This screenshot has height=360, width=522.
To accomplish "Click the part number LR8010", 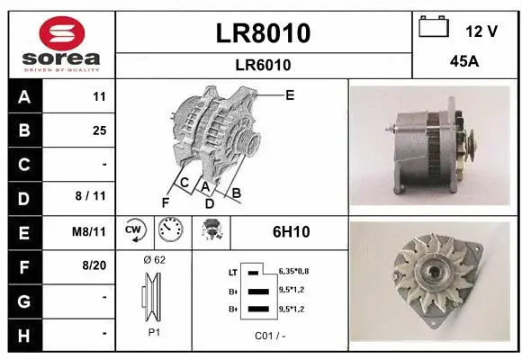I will pyautogui.click(x=264, y=33).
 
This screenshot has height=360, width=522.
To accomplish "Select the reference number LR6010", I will pyautogui.click(x=264, y=65).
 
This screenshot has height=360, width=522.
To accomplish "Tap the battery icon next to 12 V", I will pyautogui.click(x=435, y=29).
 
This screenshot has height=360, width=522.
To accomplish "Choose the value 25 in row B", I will pyautogui.click(x=99, y=130).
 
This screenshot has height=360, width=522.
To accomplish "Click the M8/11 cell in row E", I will pyautogui.click(x=90, y=231).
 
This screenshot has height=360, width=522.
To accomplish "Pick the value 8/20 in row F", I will pyautogui.click(x=94, y=265).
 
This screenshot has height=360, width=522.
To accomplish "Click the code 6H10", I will pyautogui.click(x=291, y=232).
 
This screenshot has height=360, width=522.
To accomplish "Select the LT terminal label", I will pyautogui.click(x=232, y=271).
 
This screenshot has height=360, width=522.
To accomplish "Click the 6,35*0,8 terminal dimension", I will pyautogui.click(x=293, y=270).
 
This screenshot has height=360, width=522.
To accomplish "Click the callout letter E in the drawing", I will pyautogui.click(x=289, y=94).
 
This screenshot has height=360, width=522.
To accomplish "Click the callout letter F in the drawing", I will pyautogui.click(x=166, y=201).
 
